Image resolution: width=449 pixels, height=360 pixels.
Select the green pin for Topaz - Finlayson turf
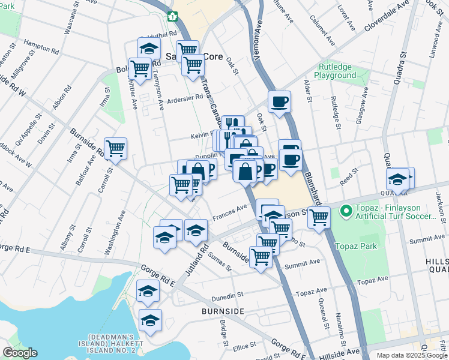(345, 211)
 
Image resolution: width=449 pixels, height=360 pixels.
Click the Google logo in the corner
(20, 353)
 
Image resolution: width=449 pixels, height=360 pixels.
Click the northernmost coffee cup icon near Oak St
(279, 102)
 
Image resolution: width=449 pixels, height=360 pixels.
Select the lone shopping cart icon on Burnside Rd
(115, 148)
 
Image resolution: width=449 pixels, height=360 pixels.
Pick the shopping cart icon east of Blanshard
(319, 217)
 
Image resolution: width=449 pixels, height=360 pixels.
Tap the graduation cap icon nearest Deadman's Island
(150, 320)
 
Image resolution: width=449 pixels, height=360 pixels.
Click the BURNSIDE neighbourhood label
(223, 312)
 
